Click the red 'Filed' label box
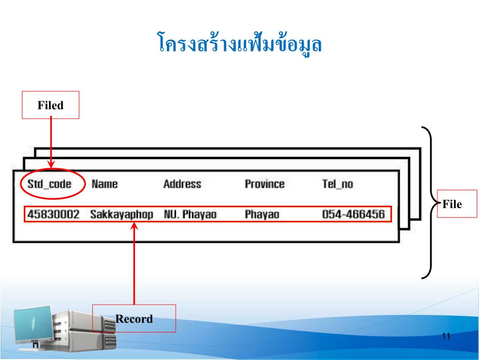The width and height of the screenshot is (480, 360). pyautogui.click(x=51, y=105)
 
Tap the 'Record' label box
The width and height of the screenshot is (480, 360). pyautogui.click(x=134, y=319)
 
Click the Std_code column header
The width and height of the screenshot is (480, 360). pyautogui.click(x=49, y=184)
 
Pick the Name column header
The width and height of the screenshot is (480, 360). pyautogui.click(x=105, y=184)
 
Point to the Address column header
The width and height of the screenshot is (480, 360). pyautogui.click(x=182, y=184)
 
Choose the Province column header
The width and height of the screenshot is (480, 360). pyautogui.click(x=264, y=184)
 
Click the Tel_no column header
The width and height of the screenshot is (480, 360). pyautogui.click(x=337, y=184)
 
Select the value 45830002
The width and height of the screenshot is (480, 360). pyautogui.click(x=53, y=215)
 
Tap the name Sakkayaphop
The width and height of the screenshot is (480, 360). pyautogui.click(x=121, y=215)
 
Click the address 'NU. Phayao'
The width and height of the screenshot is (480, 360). pyautogui.click(x=190, y=215)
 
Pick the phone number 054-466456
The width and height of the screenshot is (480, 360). pyautogui.click(x=353, y=215)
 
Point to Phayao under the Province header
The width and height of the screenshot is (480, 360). pyautogui.click(x=262, y=215)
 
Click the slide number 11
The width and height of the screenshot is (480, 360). pyautogui.click(x=446, y=336)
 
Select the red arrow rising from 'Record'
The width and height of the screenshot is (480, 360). pyautogui.click(x=134, y=262)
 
